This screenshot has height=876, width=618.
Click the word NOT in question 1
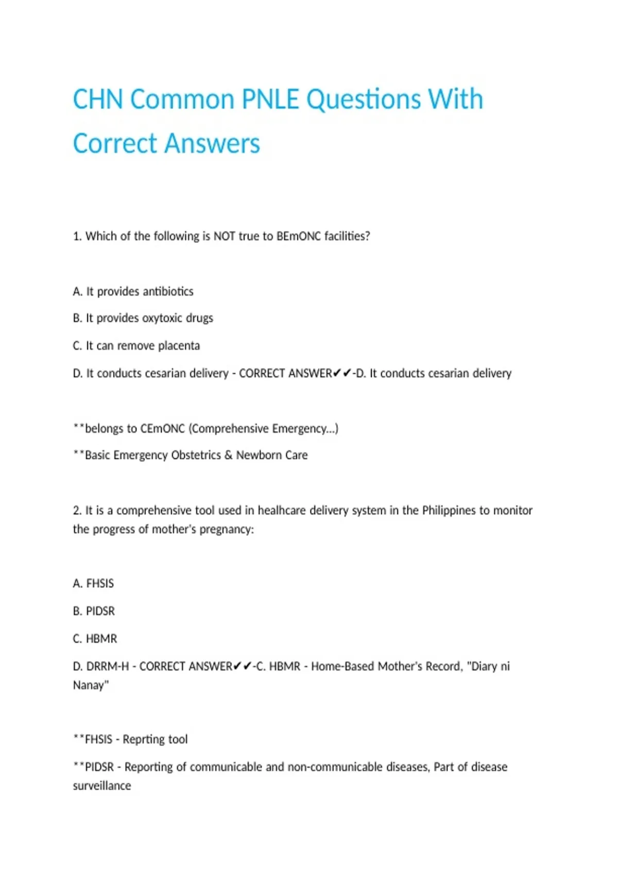pos(224,236)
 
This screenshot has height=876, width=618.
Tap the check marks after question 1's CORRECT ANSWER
pos(342,373)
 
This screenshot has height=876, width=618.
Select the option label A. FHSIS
pos(93,583)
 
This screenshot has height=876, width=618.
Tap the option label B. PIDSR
pos(94,611)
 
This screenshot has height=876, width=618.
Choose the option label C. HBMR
pos(95,638)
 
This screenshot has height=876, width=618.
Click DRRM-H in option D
pos(107,666)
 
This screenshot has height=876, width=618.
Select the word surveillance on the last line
pos(102,786)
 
